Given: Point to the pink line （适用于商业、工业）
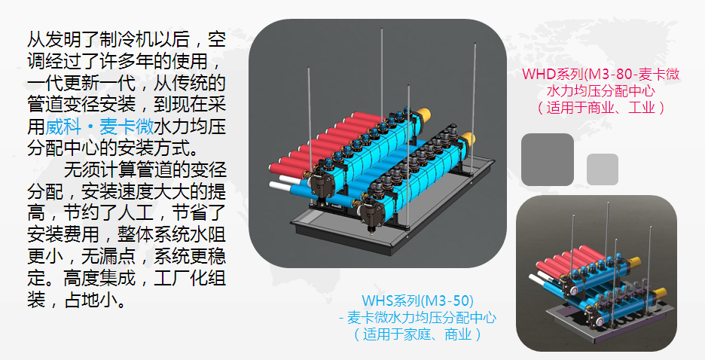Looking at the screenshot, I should [600, 107].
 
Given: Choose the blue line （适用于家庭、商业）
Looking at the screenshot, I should [417, 332].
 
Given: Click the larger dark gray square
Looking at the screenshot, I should [548, 160].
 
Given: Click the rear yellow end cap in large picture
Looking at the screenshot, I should [424, 114].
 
